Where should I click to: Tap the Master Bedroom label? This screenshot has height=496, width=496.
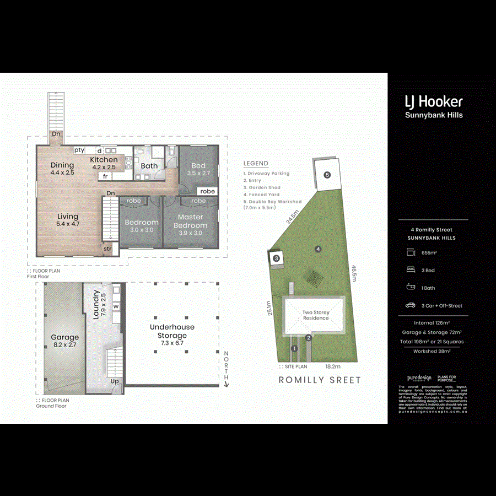coord(191,222)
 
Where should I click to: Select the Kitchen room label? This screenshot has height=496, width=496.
coord(104,163)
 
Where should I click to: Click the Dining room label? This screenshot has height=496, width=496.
coord(62,168)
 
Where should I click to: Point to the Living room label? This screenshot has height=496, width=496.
coord(68,220)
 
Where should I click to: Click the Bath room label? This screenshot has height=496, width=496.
coord(149,165)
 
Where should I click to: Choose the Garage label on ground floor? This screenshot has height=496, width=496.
coord(65,341)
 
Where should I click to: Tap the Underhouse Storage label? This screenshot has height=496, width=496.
coord(172,331)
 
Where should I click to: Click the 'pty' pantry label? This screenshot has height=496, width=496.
coord(79,150)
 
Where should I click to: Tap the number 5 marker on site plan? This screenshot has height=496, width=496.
coord(327,175)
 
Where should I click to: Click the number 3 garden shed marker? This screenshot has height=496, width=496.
coord(277,258)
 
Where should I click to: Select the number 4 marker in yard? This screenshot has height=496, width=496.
coord(318,249)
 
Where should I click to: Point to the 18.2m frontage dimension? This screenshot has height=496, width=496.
coord(333,366)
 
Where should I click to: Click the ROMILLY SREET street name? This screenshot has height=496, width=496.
coord(320,380)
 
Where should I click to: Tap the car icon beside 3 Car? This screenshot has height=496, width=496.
coord(410,305)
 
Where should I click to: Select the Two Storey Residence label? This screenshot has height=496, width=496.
coord(316,315)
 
